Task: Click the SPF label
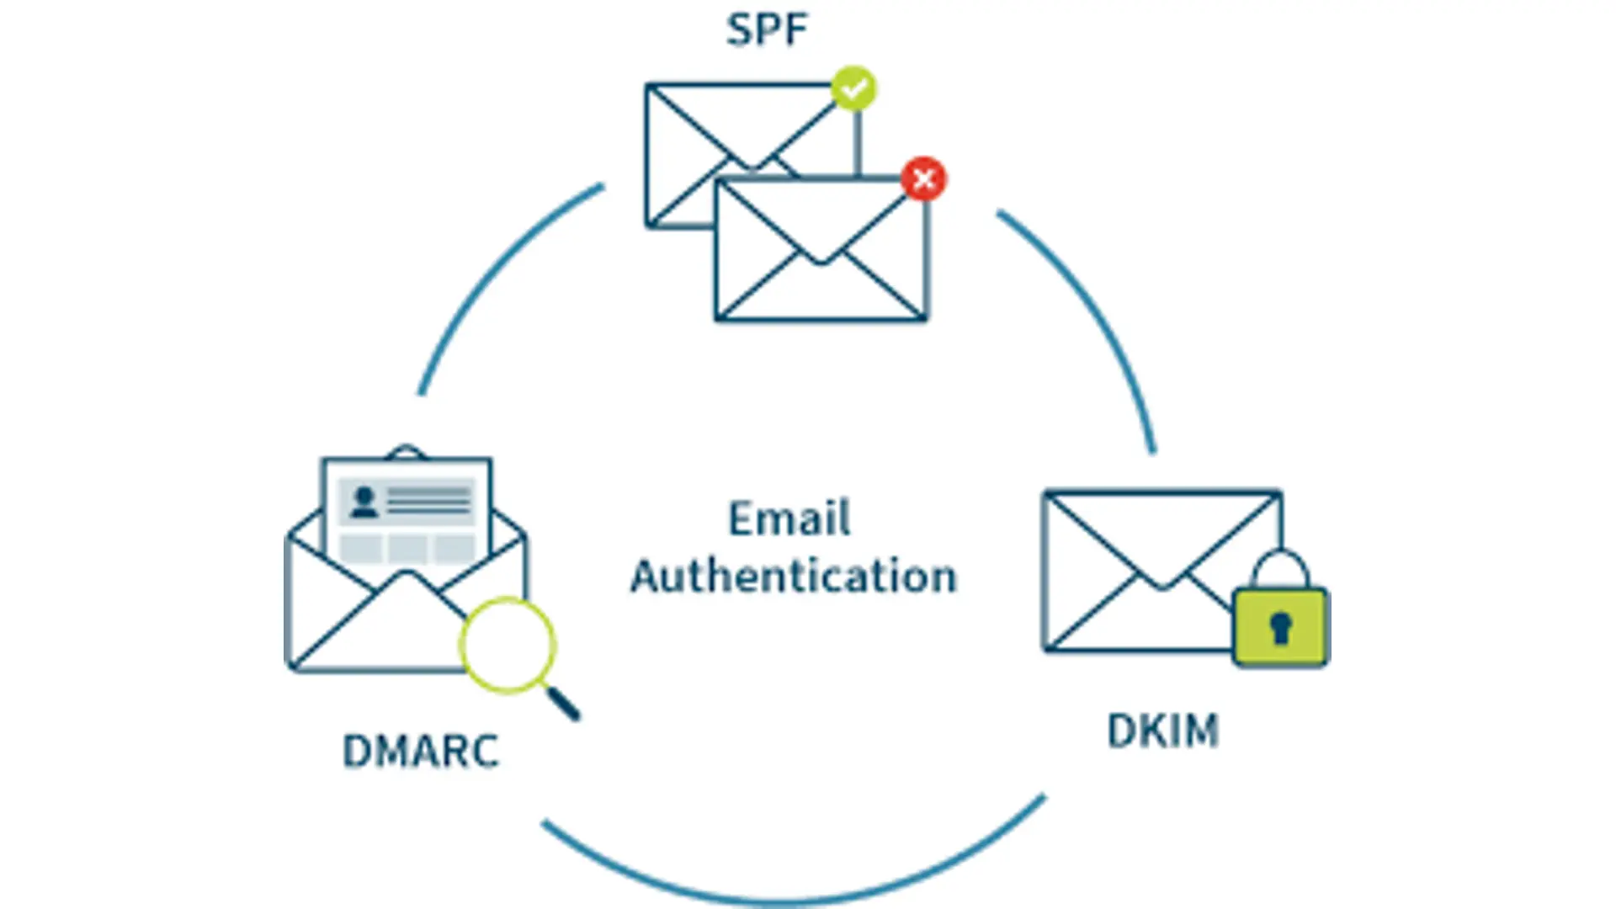[x=767, y=30]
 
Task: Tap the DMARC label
[x=421, y=751]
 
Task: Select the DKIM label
[x=1162, y=731]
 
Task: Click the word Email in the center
[x=789, y=518]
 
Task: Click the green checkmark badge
[x=853, y=88]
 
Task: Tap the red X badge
[x=923, y=178]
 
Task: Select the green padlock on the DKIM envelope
[x=1280, y=627]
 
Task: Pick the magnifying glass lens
[x=507, y=645]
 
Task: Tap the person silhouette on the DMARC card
[x=364, y=502]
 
